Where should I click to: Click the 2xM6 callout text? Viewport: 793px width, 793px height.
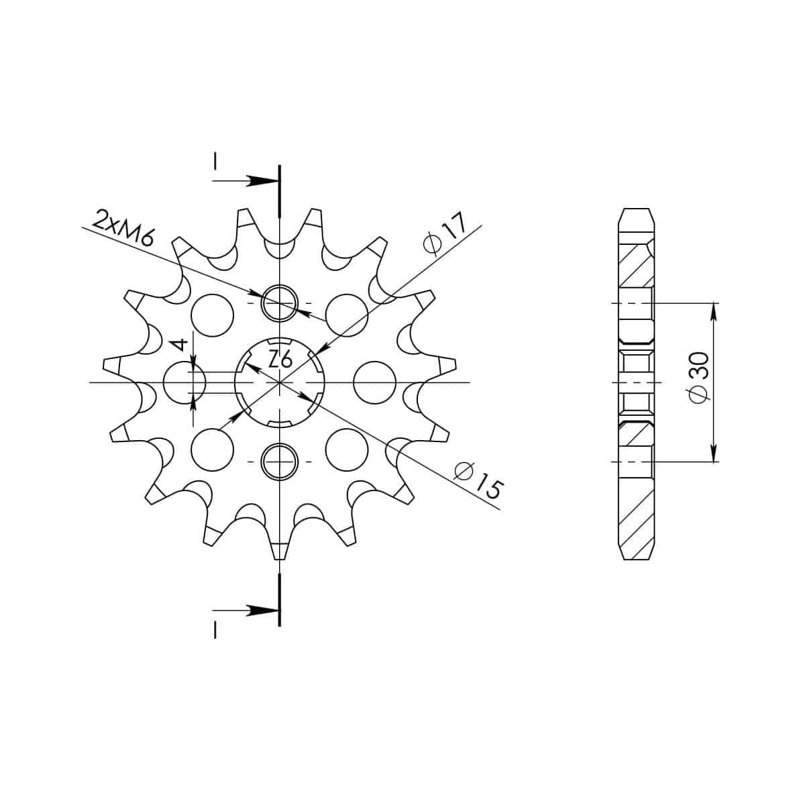(x=123, y=229)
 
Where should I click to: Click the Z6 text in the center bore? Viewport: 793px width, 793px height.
(x=280, y=360)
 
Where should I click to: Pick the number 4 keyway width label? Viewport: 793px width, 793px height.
(x=180, y=346)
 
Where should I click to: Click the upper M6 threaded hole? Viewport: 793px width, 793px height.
(x=280, y=303)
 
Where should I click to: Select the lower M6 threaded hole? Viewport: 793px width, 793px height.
(x=280, y=462)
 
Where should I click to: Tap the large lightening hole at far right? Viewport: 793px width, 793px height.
(x=374, y=382)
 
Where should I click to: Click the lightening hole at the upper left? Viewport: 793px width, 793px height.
(x=213, y=315)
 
